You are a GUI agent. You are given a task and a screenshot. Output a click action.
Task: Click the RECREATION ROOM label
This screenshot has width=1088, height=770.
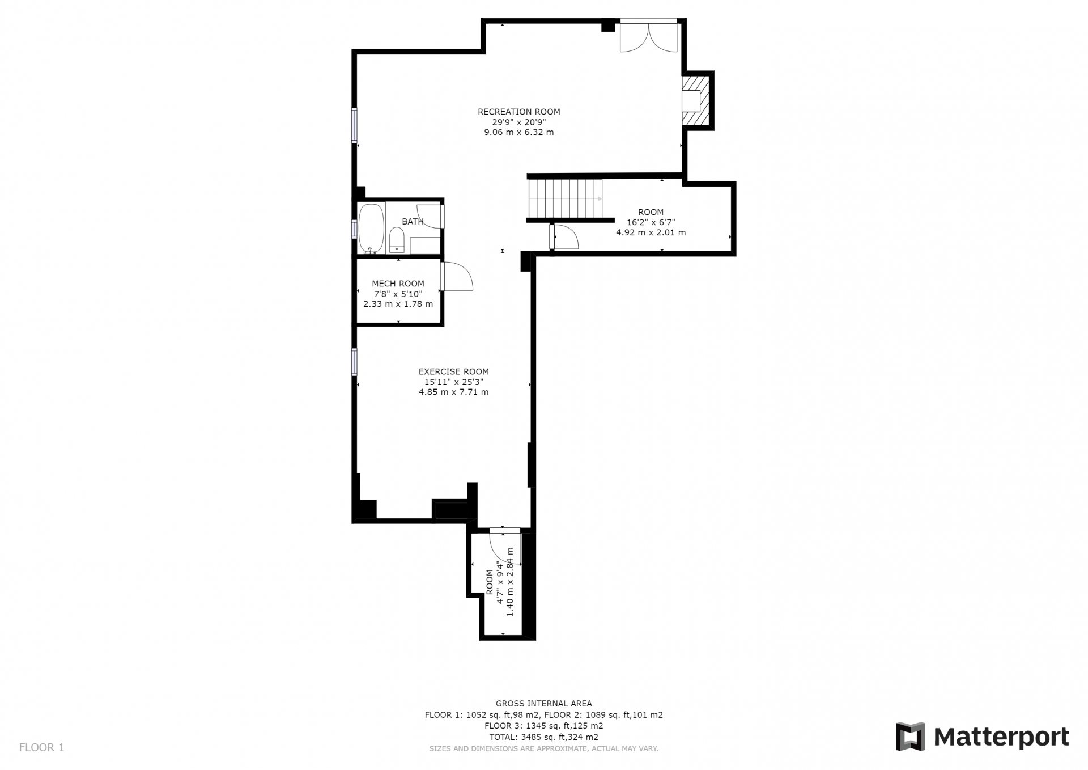click(x=518, y=112)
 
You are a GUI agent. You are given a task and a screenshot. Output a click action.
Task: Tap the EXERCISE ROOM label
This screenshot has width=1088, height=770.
click(x=453, y=371)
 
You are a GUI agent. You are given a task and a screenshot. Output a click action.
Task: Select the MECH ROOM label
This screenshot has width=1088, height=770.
click(x=398, y=284)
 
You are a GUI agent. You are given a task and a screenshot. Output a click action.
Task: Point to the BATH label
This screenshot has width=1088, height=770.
click(x=413, y=221)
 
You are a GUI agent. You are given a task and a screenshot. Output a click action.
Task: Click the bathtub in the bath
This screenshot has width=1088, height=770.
click(x=371, y=228)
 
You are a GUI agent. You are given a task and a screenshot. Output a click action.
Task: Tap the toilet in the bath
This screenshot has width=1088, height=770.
click(x=397, y=240)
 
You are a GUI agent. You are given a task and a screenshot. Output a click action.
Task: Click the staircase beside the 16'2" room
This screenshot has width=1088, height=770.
click(x=565, y=198)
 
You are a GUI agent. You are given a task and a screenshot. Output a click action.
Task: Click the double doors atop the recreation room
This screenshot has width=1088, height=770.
click(x=649, y=36)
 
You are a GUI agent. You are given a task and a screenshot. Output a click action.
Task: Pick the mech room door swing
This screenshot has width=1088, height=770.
click(x=457, y=277)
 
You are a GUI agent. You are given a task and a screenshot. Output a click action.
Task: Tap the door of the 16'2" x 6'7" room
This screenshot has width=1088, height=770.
click(x=564, y=237)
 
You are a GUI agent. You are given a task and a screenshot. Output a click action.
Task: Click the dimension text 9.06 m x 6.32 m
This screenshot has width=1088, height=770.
click(x=518, y=132)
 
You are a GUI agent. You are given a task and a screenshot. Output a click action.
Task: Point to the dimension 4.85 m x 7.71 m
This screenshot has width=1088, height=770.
click(x=453, y=392)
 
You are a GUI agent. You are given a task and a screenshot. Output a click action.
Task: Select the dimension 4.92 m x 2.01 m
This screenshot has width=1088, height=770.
click(x=651, y=232)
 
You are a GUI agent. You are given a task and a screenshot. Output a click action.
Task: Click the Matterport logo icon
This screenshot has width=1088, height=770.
click(x=910, y=737)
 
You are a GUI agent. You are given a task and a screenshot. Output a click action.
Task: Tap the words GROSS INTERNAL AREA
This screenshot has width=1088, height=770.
click(x=543, y=704)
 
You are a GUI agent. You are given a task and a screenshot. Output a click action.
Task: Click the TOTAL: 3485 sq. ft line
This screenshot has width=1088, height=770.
click(x=543, y=737)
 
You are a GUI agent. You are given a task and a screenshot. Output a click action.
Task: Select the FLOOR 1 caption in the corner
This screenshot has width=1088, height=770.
click(x=41, y=747)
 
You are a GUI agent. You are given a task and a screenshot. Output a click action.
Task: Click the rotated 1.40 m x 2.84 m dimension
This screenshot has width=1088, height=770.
click(x=510, y=582)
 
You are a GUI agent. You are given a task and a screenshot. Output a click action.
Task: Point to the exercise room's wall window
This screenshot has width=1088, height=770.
click(x=354, y=362)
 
